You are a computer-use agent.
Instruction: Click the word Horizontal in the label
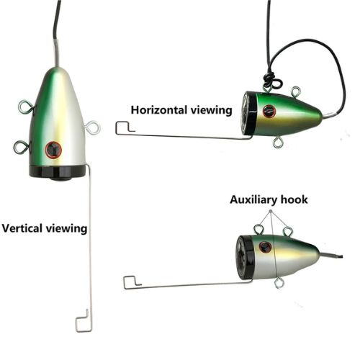tap(158, 110)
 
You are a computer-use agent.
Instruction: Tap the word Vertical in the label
tap(22, 228)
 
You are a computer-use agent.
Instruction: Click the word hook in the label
tap(294, 199)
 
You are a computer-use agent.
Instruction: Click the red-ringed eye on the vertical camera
tap(53, 150)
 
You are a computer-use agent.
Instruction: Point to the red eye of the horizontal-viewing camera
tap(269, 112)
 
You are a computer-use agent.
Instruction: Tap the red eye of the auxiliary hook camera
tap(265, 247)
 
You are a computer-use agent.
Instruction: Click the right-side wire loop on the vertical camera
tap(92, 127)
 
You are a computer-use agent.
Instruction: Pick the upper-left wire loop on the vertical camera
tap(27, 107)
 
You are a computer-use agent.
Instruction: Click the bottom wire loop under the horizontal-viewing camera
tap(278, 143)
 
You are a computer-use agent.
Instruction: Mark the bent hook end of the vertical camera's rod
tap(83, 320)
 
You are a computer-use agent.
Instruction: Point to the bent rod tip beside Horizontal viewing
tap(125, 128)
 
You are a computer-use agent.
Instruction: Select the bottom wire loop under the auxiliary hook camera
tap(279, 283)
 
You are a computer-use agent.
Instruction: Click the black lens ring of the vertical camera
tap(57, 171)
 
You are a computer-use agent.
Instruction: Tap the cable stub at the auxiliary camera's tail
tap(330, 255)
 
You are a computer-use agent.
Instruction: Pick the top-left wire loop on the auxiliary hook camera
tap(258, 229)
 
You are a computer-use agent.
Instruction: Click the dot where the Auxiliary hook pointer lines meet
tap(271, 211)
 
